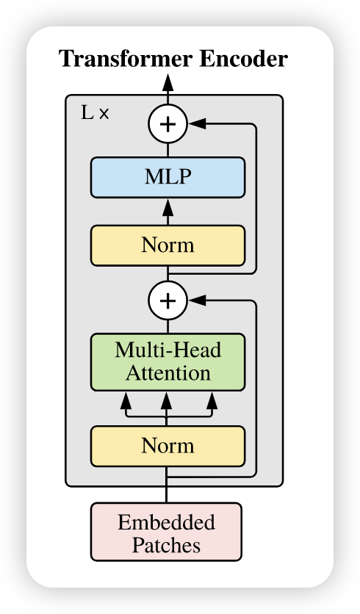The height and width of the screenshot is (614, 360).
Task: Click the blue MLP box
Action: coord(168,178)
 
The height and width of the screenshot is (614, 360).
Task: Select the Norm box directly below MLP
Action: coord(168,245)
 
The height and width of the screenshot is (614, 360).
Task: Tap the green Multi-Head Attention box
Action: coord(168,362)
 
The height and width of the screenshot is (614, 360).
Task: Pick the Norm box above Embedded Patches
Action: coord(168,446)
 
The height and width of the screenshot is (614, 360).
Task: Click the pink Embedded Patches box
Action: coord(166,532)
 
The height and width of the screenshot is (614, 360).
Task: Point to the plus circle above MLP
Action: coord(168,124)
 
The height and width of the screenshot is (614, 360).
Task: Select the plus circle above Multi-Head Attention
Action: coord(168,300)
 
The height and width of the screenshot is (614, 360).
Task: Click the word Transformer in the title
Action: coord(126,59)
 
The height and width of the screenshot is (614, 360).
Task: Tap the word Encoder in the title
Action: coord(243,59)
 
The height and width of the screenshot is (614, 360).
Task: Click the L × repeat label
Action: coord(95,113)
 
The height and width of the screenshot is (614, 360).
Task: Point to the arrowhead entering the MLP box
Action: coord(168,206)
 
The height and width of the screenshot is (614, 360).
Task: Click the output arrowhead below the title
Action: coord(168,82)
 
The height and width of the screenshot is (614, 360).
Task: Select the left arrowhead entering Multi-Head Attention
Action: coord(126,400)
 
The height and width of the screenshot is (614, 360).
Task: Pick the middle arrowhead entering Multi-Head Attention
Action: coord(167,400)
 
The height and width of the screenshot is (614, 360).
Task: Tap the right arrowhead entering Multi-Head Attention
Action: coord(212,400)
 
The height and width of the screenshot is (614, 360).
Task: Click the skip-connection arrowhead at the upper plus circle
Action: coord(197,123)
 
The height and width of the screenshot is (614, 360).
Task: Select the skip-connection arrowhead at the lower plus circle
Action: coord(197,300)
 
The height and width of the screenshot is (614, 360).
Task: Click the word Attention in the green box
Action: coord(168,373)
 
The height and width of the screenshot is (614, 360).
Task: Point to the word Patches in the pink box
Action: coord(166,545)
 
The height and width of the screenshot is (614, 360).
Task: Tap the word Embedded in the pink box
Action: coord(166,522)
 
